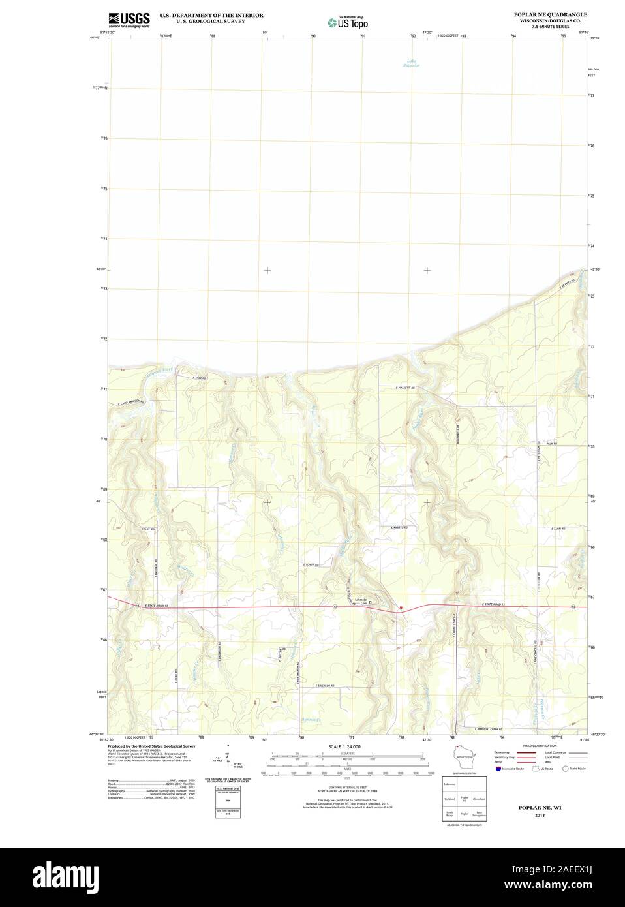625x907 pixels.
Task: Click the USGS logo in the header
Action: pos(129,19)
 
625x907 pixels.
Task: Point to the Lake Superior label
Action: pos(410,63)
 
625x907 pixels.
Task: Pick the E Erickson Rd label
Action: pos(324,686)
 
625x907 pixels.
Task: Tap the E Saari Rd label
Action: pos(557,527)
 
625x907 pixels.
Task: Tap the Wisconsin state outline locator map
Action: pos(465,758)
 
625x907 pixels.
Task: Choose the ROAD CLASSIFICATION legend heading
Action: pos(540,745)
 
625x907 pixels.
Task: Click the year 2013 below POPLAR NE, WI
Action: pos(539,816)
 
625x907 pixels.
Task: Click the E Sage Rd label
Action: pos(198,378)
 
